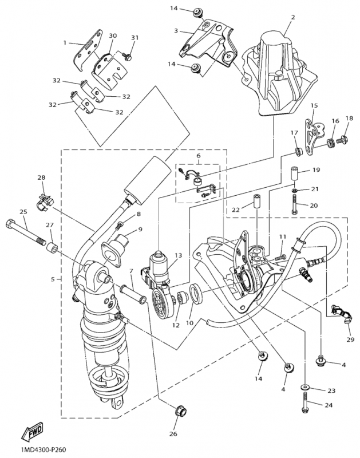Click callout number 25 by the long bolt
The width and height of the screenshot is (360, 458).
click(23, 211)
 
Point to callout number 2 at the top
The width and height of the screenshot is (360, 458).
click(292, 18)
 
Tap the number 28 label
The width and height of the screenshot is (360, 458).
click(41, 178)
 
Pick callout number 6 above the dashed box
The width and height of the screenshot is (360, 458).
click(199, 156)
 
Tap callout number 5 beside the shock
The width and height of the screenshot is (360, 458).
click(53, 279)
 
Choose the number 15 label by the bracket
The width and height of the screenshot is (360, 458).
click(314, 106)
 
